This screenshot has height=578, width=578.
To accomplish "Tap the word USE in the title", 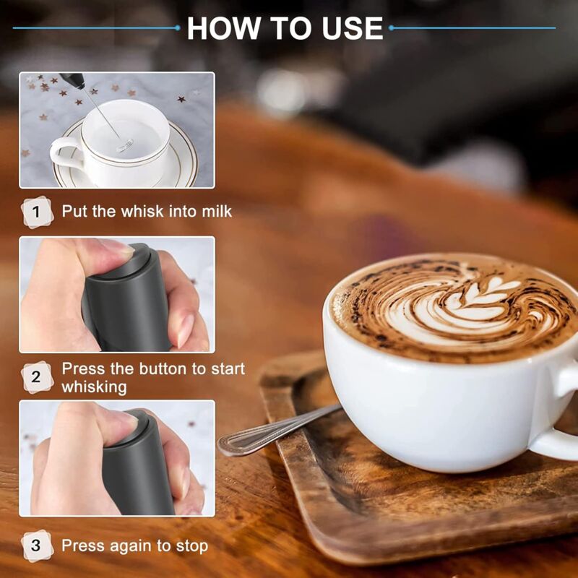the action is [353, 28].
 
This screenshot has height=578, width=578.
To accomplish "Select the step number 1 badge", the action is [37, 212].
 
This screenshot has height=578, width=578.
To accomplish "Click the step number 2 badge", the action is [37, 377].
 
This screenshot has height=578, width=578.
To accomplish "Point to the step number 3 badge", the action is [37, 545].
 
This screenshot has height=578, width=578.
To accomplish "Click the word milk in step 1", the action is [217, 211].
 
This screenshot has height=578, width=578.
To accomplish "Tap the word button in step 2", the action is [163, 368].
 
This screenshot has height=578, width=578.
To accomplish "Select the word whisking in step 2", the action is [94, 387].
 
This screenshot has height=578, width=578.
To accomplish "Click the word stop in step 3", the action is [191, 546].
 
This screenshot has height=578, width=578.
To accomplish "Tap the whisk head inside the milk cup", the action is [124, 144].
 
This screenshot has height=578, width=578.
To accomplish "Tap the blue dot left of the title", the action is [178, 27].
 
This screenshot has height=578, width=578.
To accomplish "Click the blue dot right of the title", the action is [391, 27].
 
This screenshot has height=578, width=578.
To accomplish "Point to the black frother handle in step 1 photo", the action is [73, 80].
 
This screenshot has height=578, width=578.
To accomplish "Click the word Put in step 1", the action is [74, 211].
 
